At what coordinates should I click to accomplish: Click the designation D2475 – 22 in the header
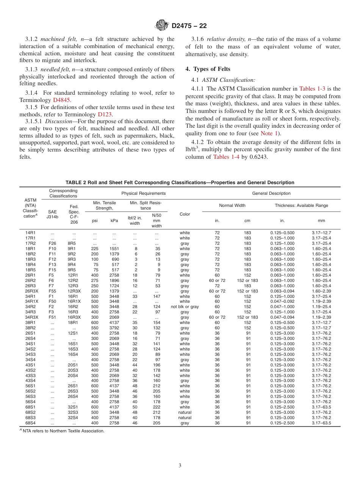(x=189, y=26)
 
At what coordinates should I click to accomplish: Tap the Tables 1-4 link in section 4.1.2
(x=227, y=157)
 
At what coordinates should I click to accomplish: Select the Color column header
(x=185, y=214)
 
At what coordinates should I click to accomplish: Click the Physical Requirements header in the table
(x=143, y=193)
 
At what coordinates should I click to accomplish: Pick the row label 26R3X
(x=30, y=291)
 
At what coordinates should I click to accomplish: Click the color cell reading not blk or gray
(x=185, y=307)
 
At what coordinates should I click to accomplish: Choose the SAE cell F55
(x=52, y=291)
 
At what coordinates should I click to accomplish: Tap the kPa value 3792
(x=114, y=328)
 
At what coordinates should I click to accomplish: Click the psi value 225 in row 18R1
(x=95, y=249)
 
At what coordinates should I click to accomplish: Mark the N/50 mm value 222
(x=157, y=407)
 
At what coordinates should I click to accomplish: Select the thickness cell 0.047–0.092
(x=282, y=302)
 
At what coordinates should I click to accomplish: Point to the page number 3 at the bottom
(x=180, y=466)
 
